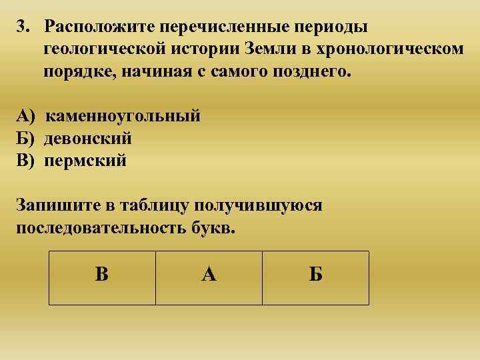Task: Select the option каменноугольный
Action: (123, 116)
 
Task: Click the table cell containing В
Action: (102, 277)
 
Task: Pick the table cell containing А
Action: (209, 277)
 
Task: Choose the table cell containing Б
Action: (315, 277)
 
